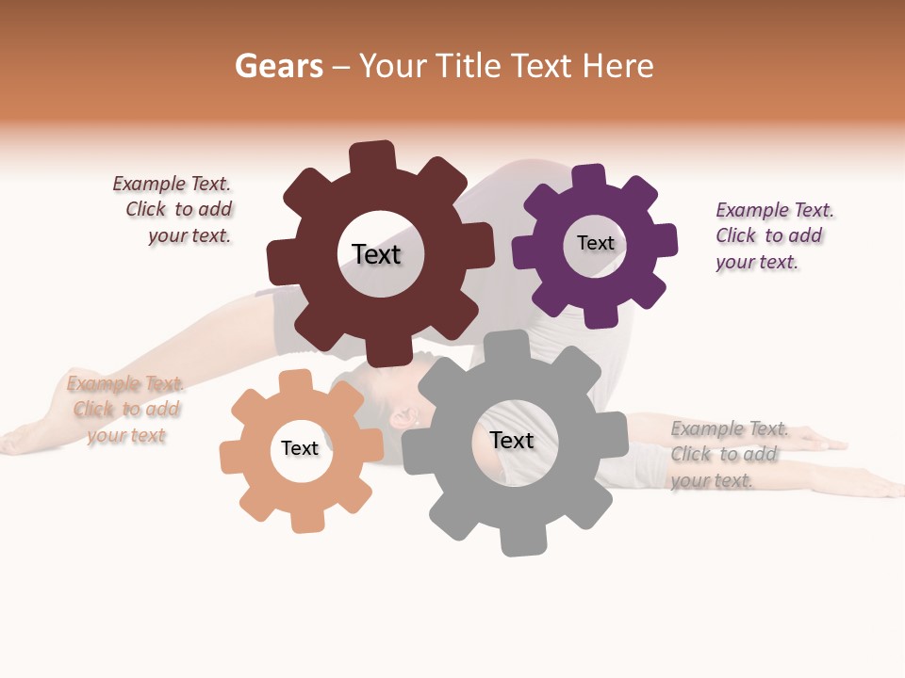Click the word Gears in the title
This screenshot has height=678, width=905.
point(278,66)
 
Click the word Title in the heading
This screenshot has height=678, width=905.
point(468,66)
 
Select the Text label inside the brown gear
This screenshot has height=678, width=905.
point(376,254)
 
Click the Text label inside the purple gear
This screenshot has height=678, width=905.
point(595,243)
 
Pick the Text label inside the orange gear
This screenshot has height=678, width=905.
point(300,448)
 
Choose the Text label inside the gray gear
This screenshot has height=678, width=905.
point(512,440)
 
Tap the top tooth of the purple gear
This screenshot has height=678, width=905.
point(589,177)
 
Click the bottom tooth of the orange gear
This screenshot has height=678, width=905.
point(306,519)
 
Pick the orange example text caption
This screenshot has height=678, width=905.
point(126,410)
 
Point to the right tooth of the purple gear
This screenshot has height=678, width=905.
point(664,240)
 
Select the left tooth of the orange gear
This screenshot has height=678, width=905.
point(232,457)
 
